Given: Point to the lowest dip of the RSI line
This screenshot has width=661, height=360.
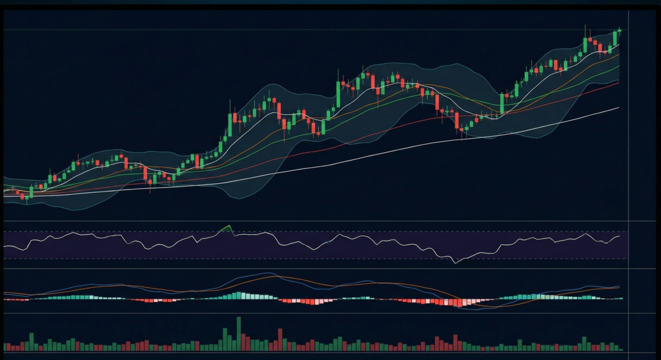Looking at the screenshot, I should [x=455, y=262].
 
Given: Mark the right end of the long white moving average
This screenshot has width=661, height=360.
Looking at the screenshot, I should [x=618, y=108].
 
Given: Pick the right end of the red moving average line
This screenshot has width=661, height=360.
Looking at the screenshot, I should [x=618, y=83].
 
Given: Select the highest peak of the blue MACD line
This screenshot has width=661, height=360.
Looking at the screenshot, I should [x=264, y=274].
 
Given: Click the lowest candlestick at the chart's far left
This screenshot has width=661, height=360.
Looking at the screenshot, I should [x=26, y=195].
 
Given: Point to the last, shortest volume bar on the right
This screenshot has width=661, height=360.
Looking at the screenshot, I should [x=621, y=349].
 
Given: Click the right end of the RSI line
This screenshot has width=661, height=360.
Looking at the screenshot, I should [x=619, y=236].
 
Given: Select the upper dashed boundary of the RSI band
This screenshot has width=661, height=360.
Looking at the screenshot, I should [x=323, y=232].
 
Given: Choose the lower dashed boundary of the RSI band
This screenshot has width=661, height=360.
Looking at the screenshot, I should [x=323, y=259].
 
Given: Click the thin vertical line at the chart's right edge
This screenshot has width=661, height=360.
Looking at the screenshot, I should [x=629, y=129].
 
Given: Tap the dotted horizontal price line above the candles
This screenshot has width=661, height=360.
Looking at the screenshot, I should [x=323, y=30].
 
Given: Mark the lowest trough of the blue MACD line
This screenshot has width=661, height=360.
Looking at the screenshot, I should [x=474, y=309].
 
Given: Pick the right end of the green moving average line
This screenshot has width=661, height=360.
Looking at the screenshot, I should [x=618, y=66].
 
